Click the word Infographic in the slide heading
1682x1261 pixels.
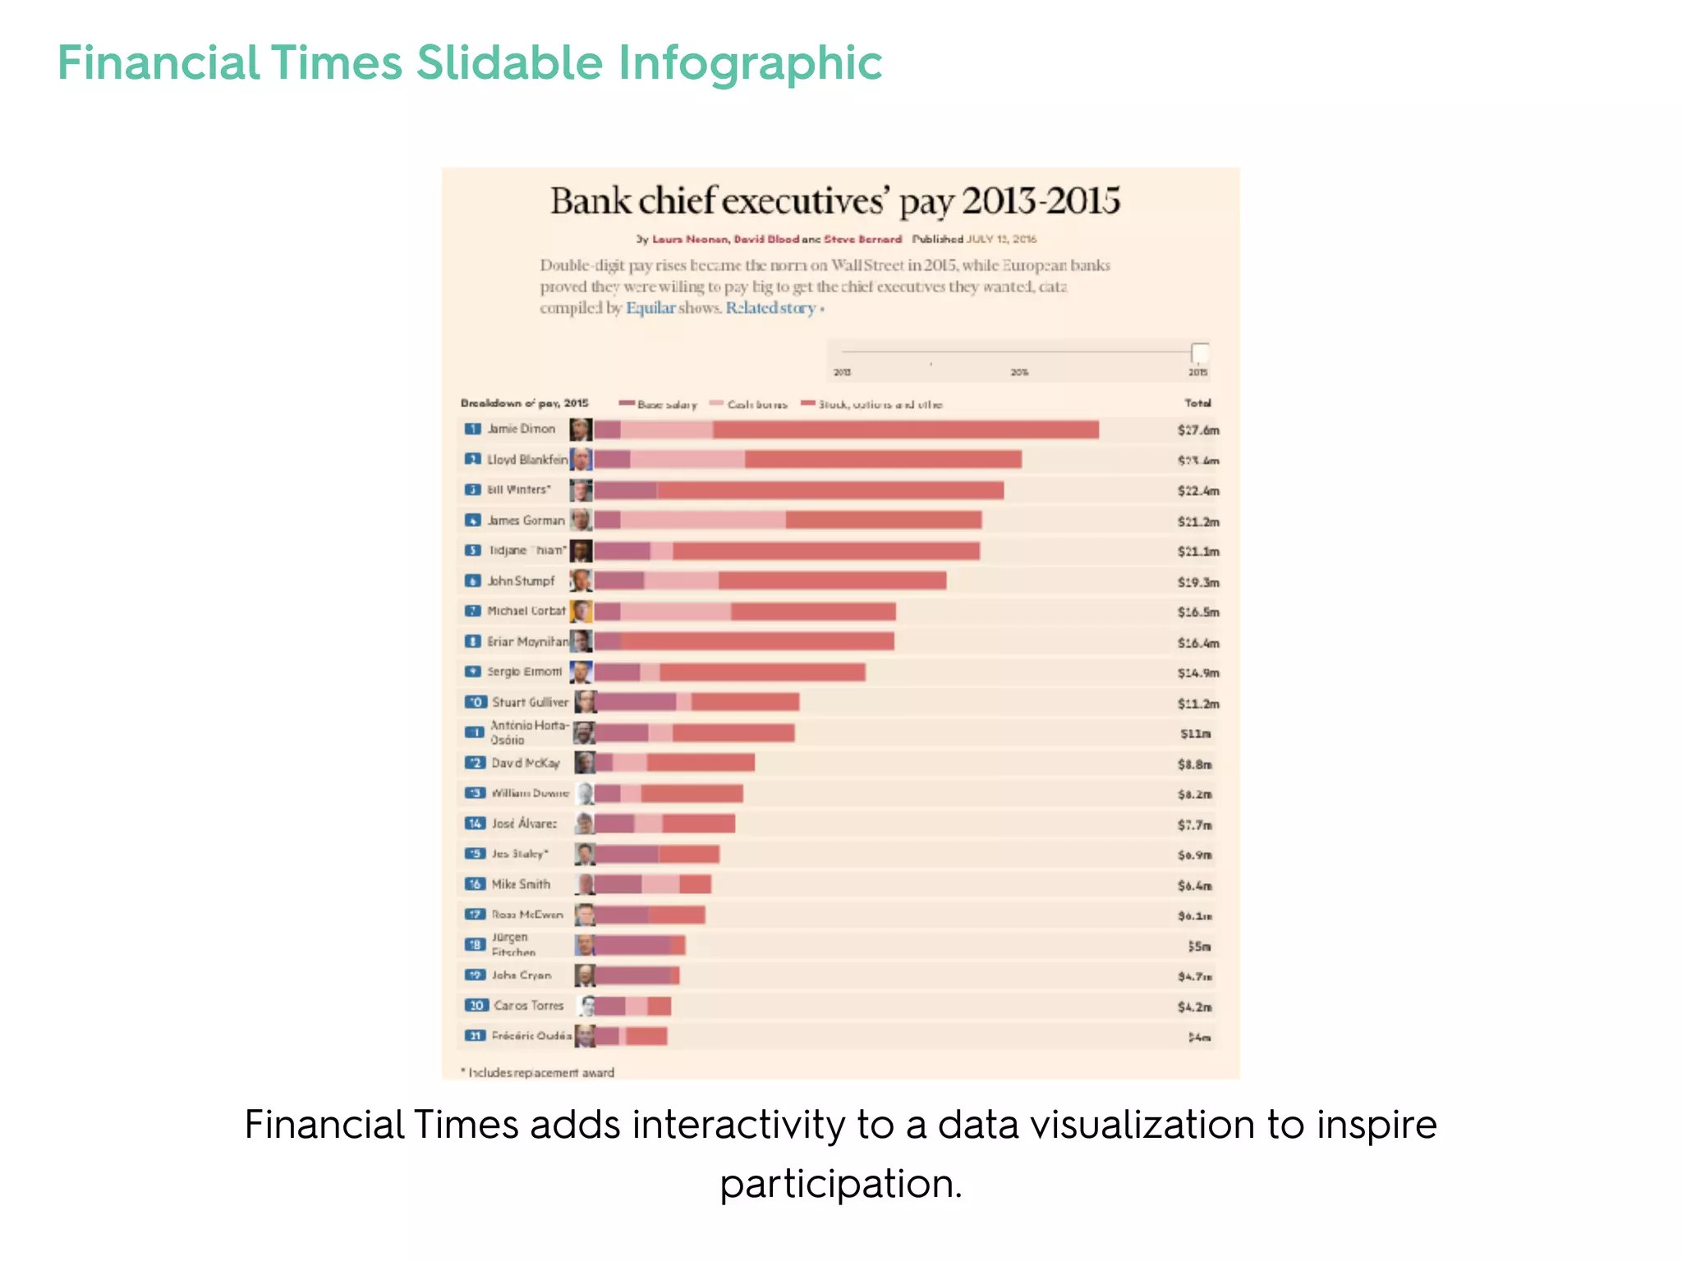(x=749, y=64)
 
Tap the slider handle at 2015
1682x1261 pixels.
(x=1200, y=354)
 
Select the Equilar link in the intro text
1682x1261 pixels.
(x=650, y=309)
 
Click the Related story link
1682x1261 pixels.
(x=770, y=309)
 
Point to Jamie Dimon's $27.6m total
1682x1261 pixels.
(x=1197, y=430)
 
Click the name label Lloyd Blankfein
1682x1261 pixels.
(x=527, y=460)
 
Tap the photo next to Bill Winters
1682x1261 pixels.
(x=581, y=490)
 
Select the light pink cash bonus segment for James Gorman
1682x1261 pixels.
(x=702, y=520)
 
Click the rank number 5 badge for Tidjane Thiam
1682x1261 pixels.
(x=473, y=551)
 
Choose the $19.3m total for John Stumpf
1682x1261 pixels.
(x=1197, y=583)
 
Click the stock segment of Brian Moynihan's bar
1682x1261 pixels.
(x=756, y=642)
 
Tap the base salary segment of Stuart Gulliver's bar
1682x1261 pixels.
(x=636, y=703)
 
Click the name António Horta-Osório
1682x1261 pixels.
(x=529, y=732)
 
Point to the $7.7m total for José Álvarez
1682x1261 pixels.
(x=1194, y=825)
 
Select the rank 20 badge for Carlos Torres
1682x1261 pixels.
(x=476, y=1006)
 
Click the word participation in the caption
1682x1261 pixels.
(x=839, y=1185)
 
